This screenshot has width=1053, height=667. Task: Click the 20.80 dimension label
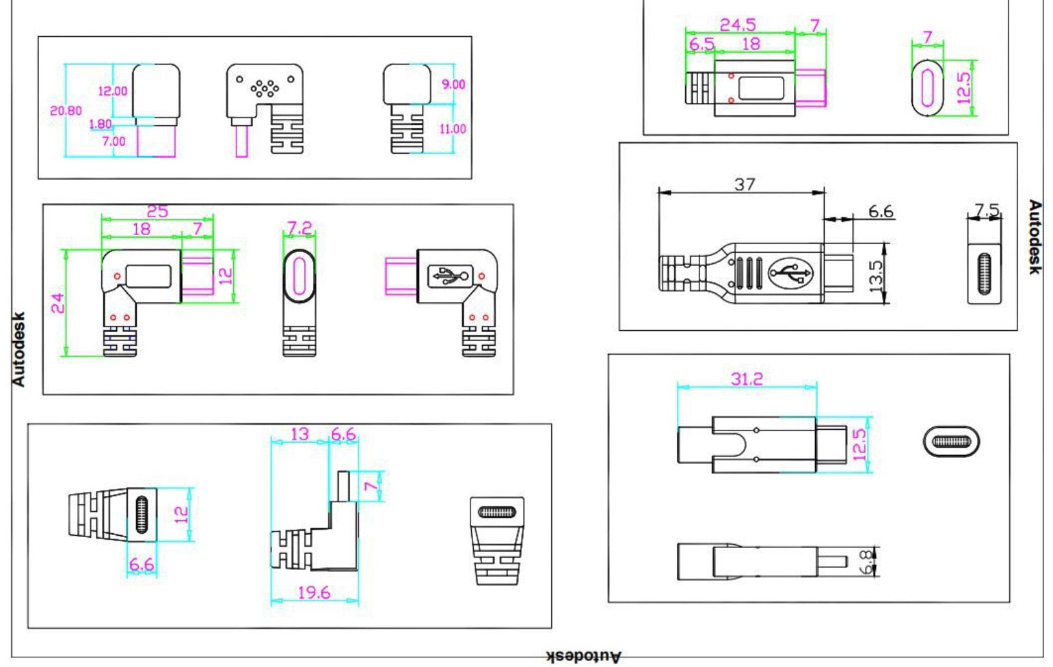point(66,110)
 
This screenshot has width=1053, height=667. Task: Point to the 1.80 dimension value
point(101,124)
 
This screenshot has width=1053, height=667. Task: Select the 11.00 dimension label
point(453,128)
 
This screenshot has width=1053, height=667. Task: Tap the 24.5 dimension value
point(738,25)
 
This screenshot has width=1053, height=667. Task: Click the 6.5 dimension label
point(701,44)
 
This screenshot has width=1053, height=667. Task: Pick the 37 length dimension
point(745,185)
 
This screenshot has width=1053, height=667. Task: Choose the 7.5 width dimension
point(986,210)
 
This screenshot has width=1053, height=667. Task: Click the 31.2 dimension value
point(747,379)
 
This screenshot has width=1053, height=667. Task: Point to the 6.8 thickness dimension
point(867,562)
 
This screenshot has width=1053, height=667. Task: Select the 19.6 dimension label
point(314,593)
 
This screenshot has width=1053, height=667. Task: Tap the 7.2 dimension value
point(299,228)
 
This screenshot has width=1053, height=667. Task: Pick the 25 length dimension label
point(157,211)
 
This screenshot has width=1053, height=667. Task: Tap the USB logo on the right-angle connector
point(449,276)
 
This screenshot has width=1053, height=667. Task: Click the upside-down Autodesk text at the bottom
point(584,657)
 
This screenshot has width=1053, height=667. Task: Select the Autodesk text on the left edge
point(18,349)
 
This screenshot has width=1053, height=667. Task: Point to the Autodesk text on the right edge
point(1035,237)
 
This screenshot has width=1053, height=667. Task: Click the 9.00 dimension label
point(453,84)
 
